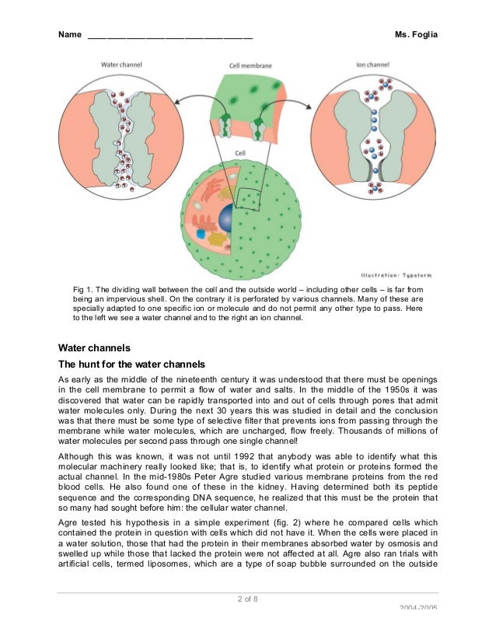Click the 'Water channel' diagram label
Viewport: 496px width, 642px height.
point(121,65)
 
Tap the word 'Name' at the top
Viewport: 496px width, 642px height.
point(70,35)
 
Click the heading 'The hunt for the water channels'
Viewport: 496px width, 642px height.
point(132,364)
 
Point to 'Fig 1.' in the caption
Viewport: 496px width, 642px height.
point(84,288)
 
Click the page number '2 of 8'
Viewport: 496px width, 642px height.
point(248,598)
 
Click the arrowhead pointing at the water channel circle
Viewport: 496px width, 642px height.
point(178,98)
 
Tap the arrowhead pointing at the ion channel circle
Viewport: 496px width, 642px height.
point(305,99)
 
